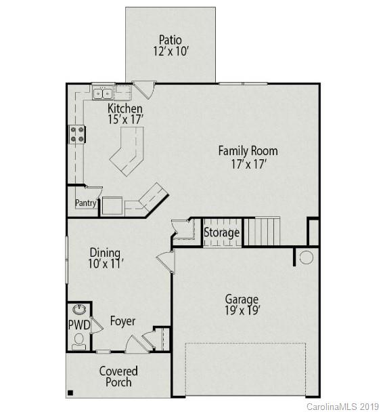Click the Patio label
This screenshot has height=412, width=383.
pyautogui.click(x=170, y=39)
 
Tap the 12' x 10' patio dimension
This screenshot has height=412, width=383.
pyautogui.click(x=170, y=51)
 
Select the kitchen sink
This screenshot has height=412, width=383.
pyautogui.click(x=103, y=94)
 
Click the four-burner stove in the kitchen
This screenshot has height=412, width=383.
pyautogui.click(x=76, y=135)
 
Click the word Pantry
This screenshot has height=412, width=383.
pyautogui.click(x=85, y=203)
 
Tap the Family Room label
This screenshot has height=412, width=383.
pyautogui.click(x=247, y=150)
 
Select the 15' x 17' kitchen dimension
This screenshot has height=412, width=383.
pyautogui.click(x=125, y=119)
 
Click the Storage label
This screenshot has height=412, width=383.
pyautogui.click(x=222, y=232)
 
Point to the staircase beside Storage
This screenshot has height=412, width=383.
pyautogui.click(x=262, y=231)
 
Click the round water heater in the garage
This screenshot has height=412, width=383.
pyautogui.click(x=306, y=257)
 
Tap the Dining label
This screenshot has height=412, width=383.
pyautogui.click(x=105, y=253)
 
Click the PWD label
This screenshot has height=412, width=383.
pyautogui.click(x=78, y=325)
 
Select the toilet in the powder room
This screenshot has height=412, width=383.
pyautogui.click(x=78, y=340)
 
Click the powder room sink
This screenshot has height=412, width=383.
pyautogui.click(x=79, y=310)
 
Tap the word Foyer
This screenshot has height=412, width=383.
pyautogui.click(x=122, y=321)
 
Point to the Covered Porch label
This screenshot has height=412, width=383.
pyautogui.click(x=118, y=377)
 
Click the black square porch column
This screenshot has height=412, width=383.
pyautogui.click(x=70, y=392)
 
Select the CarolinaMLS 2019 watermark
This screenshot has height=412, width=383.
pyautogui.click(x=344, y=406)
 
